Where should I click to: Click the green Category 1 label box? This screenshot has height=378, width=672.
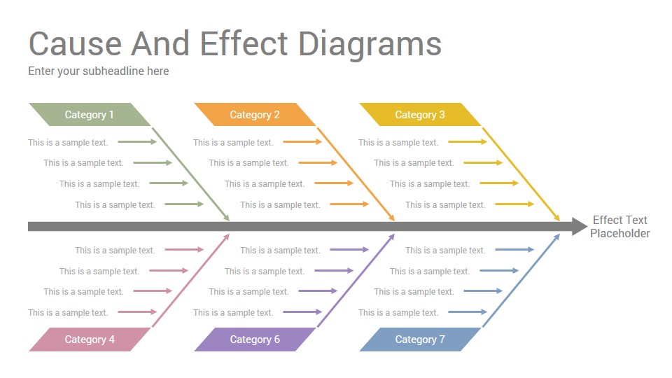[90, 114]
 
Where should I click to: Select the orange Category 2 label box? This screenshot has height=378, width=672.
[255, 114]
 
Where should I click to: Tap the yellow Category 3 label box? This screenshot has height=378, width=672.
[420, 114]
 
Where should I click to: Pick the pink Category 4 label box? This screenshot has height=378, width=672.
[90, 339]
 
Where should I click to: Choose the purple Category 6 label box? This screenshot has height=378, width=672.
[255, 339]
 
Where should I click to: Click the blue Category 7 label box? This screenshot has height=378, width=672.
[420, 339]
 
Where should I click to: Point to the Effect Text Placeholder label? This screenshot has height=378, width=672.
[619, 227]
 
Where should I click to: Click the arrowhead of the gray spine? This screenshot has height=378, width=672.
[580, 226]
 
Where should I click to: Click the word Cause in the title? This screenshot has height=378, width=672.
[76, 43]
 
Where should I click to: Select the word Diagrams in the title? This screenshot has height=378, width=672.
[370, 45]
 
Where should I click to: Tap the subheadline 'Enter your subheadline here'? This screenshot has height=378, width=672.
[99, 71]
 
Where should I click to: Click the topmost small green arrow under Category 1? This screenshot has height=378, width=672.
[137, 142]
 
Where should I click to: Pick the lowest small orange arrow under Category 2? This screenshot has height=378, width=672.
[349, 204]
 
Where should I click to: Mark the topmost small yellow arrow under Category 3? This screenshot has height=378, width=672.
[468, 142]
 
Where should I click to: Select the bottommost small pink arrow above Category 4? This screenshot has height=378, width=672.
[137, 312]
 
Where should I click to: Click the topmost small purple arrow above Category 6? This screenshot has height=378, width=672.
[349, 249]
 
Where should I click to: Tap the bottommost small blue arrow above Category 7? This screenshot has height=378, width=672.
[468, 312]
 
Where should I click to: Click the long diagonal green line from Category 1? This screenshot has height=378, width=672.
[190, 174]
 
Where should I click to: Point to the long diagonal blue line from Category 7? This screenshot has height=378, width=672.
[521, 280]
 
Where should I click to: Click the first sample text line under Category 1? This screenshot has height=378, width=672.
[68, 143]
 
